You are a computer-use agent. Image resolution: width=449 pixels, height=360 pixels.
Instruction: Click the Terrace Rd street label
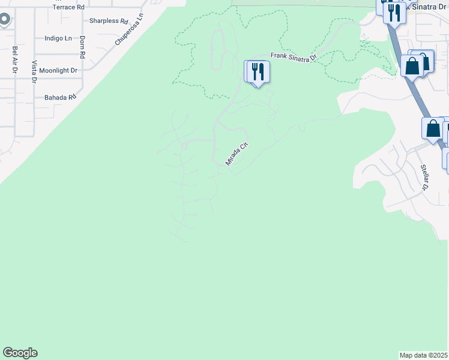69,7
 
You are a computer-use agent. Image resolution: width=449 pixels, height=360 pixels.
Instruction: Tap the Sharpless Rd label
109,21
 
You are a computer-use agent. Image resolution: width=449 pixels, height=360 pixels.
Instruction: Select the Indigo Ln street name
58,38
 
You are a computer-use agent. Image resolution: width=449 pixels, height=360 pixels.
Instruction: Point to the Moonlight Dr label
58,70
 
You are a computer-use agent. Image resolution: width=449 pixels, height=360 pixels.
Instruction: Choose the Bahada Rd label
61,97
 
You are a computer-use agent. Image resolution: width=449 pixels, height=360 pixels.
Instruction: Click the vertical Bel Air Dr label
14,60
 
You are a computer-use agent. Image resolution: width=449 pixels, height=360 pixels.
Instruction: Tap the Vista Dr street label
34,72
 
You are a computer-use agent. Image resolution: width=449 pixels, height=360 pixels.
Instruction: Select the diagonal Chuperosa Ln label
130,30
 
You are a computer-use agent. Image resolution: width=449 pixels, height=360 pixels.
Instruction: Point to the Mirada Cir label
236,154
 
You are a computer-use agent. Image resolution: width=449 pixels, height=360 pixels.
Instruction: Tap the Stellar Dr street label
424,177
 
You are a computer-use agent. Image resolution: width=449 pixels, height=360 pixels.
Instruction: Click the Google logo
20,353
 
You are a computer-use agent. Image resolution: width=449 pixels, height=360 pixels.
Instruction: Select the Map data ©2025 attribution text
424,355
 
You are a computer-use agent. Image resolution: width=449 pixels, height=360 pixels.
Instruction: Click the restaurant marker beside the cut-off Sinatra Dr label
394,12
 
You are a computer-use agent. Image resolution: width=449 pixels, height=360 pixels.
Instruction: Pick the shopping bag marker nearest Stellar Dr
433,128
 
